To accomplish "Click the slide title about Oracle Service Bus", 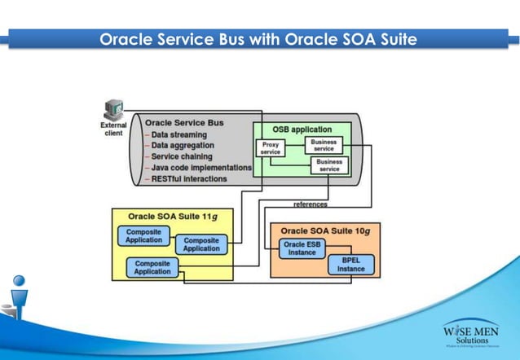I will pos(258,38).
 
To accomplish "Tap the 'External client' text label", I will pos(113,129).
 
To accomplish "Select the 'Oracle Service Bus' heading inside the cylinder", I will pos(184,123).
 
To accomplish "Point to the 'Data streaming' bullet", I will pos(178,134).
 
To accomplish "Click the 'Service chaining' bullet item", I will pos(182,156).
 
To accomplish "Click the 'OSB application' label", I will pos(302,130).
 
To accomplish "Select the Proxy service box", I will pos(271,148).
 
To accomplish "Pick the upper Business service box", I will pos(324,145).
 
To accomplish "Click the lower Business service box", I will pos(329,165).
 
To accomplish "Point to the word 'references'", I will pos(311,204).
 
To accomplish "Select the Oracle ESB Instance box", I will pos(302,248).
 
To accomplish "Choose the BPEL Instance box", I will pos(351,265).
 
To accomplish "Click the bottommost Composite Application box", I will pos(153,267).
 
